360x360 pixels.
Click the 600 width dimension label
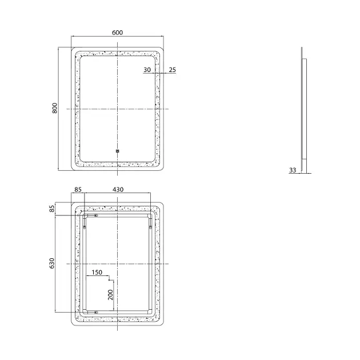pos(117,33)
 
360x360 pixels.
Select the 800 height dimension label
pos(55,108)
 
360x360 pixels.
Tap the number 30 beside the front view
pos(147,70)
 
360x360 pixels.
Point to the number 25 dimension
pos(173,70)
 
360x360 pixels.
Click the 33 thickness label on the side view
pos(293,170)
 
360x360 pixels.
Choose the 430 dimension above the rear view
pos(118,189)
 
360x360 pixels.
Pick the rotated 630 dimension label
pos(52,263)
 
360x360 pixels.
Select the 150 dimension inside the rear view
pos(97,273)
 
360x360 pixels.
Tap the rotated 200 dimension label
pos(111,295)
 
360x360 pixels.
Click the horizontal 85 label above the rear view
pos(78,189)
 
